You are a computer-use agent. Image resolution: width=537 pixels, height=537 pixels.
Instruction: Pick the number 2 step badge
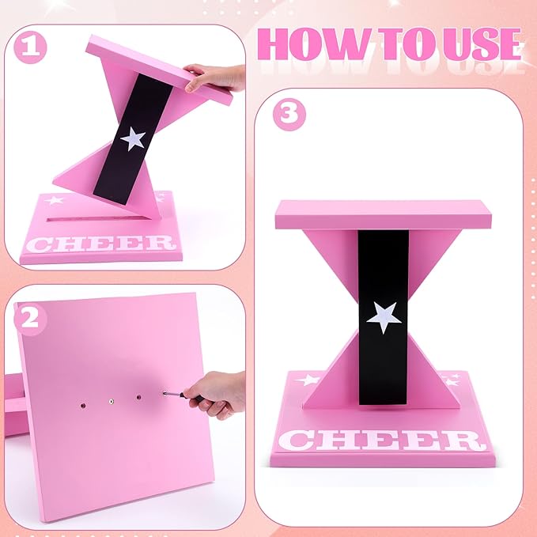tap(28, 317)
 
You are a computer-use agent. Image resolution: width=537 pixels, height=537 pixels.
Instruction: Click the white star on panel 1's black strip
tap(133, 138)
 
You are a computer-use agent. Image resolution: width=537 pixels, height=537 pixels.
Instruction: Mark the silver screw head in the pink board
tap(112, 401)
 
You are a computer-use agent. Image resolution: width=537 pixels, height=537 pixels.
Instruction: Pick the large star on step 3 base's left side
tap(308, 380)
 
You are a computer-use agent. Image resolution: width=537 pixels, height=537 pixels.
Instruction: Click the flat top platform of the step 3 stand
tap(383, 214)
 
